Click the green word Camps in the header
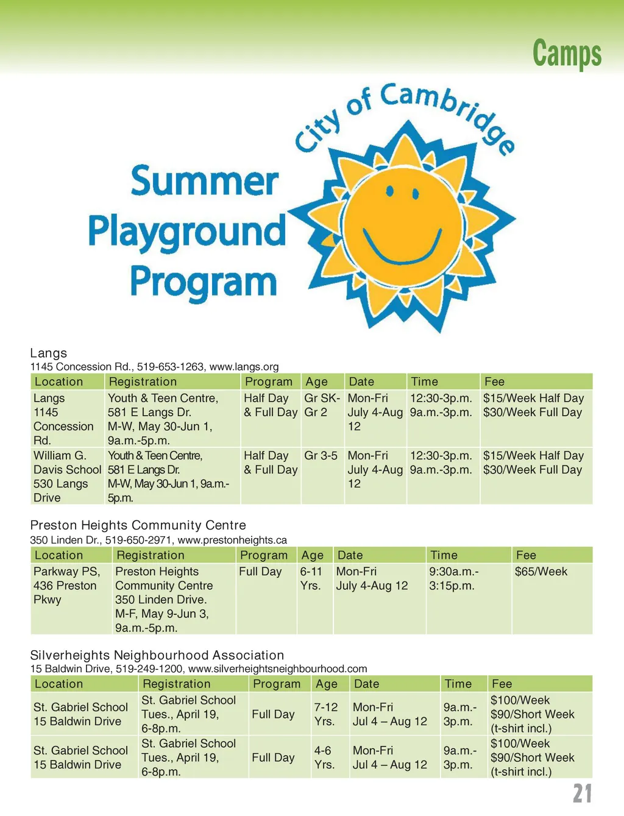click(x=567, y=53)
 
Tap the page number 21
click(x=582, y=793)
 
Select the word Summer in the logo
click(x=205, y=181)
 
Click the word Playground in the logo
click(x=187, y=232)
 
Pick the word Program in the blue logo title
click(x=204, y=282)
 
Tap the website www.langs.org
click(x=244, y=367)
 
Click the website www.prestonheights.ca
click(x=232, y=540)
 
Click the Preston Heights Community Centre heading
click(x=138, y=525)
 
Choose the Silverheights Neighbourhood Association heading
click(x=157, y=655)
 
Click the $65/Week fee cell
click(x=541, y=572)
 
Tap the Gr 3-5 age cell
click(x=321, y=456)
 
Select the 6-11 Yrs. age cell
click(x=311, y=579)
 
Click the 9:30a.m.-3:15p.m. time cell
click(x=454, y=579)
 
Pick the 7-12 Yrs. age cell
click(x=325, y=714)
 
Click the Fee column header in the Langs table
click(x=494, y=382)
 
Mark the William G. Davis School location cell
click(x=67, y=477)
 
